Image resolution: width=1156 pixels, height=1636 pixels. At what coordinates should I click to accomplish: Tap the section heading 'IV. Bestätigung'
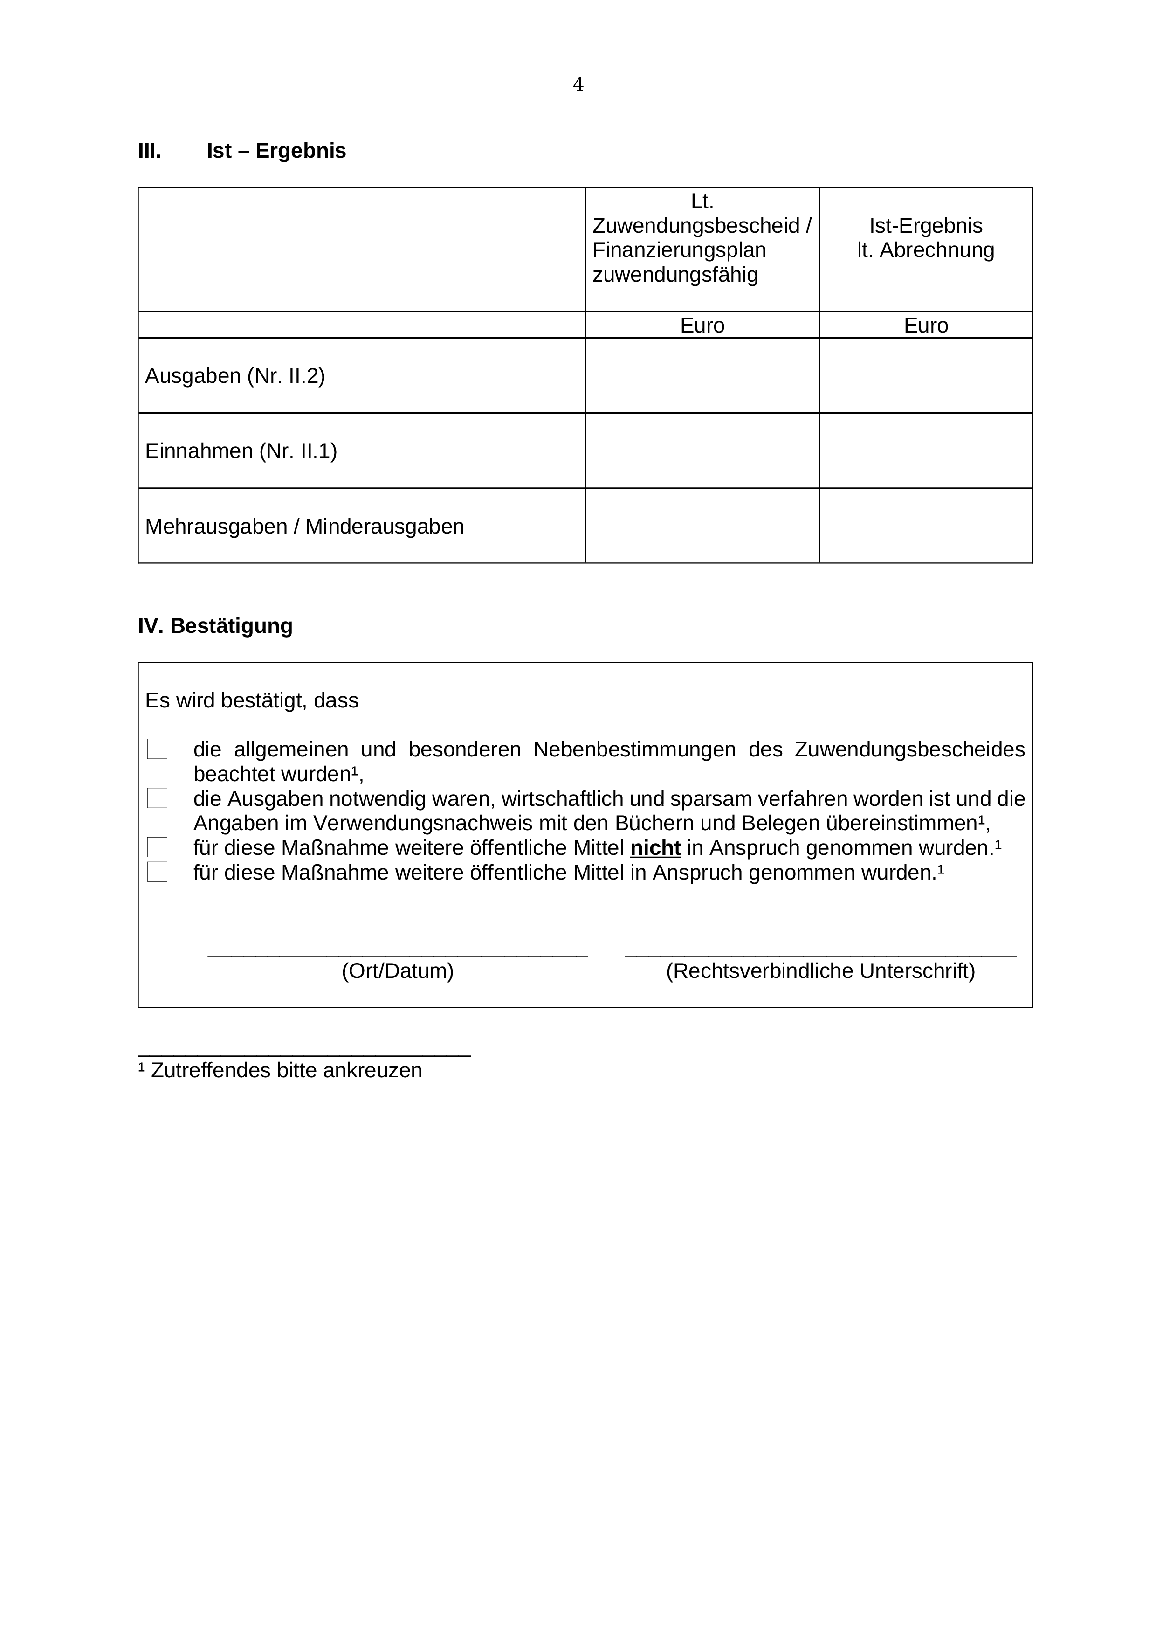[215, 625]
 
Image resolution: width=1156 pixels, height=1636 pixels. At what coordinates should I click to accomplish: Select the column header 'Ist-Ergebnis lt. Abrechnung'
[925, 238]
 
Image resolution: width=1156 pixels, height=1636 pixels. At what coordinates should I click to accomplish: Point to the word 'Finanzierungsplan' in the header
[679, 250]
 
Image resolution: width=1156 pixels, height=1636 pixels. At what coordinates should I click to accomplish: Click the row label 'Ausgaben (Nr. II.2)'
[235, 375]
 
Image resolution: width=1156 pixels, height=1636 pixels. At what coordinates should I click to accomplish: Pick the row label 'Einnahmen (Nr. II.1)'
[241, 451]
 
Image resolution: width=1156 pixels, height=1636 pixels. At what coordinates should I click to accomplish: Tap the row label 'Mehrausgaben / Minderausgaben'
[304, 527]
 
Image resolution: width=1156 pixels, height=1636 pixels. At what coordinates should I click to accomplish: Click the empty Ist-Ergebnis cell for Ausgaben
[925, 375]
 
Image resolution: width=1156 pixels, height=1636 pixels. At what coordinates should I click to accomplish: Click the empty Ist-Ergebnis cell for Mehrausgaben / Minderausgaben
[925, 527]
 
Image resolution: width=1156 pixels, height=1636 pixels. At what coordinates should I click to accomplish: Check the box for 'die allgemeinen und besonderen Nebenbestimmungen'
[158, 749]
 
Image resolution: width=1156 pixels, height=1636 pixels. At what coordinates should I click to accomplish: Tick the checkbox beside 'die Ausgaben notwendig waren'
[158, 798]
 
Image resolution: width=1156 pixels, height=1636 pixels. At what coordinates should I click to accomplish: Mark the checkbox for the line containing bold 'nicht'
[158, 847]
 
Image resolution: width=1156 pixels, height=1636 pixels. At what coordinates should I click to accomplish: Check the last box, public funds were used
[158, 872]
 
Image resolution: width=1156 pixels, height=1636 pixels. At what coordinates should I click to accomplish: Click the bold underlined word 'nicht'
[655, 848]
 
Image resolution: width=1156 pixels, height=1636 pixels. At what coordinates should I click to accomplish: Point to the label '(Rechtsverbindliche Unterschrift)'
[820, 971]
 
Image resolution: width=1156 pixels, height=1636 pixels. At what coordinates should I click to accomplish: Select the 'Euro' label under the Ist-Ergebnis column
[925, 326]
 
